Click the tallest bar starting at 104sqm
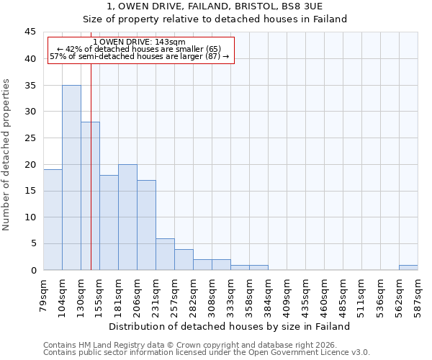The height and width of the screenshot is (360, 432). [x=71, y=177]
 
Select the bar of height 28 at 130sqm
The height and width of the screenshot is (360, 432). [x=90, y=196]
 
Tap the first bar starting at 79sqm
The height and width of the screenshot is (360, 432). [x=53, y=220]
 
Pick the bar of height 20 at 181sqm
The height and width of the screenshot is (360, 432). [x=127, y=217]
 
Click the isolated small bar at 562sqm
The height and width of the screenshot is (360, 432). [x=408, y=267]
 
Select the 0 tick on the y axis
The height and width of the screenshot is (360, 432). [x=33, y=270]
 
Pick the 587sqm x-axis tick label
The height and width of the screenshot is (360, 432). [x=418, y=292]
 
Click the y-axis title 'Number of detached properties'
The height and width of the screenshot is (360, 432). [x=7, y=155]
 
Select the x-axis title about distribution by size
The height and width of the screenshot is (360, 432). [x=230, y=326]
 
